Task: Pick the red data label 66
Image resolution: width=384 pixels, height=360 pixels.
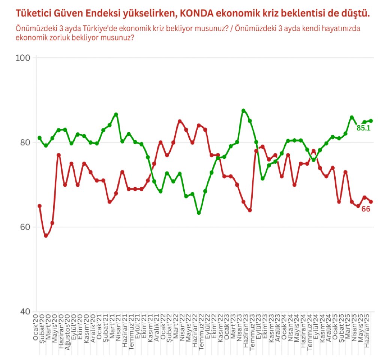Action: tap(366, 209)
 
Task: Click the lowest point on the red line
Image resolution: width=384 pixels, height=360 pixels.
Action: tap(46, 236)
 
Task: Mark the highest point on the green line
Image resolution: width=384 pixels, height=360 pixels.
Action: tap(243, 111)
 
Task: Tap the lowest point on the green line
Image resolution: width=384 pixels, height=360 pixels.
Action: tap(198, 213)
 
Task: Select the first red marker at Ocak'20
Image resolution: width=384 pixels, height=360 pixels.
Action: tap(39, 206)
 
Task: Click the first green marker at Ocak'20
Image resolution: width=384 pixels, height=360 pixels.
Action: tap(39, 138)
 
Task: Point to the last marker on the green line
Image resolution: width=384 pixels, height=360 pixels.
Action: tap(371, 121)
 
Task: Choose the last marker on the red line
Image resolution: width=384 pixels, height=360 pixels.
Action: tap(371, 202)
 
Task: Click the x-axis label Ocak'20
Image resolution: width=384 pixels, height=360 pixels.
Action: tap(36, 328)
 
